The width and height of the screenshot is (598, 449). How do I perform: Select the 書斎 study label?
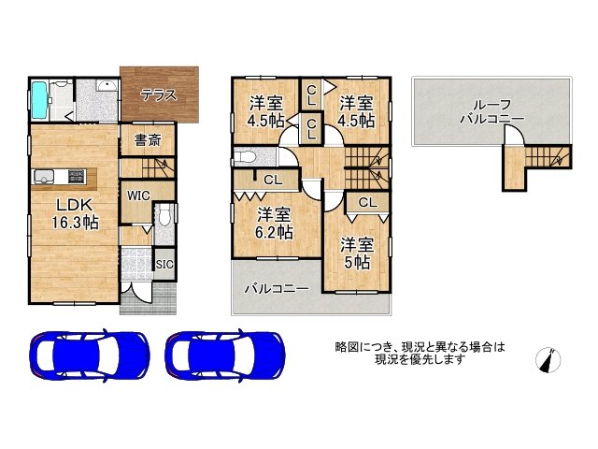[146, 141]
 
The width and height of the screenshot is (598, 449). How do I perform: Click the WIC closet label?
[138, 196]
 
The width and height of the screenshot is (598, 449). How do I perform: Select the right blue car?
[222, 355]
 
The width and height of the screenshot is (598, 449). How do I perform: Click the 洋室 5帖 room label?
[356, 253]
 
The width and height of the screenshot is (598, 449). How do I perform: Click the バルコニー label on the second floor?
[276, 289]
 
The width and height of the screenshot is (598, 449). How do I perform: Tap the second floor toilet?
[246, 156]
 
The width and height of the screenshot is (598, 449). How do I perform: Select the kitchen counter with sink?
[64, 176]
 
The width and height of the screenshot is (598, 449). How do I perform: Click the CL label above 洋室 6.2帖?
[272, 180]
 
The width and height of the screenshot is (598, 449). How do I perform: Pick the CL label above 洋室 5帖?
[367, 202]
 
